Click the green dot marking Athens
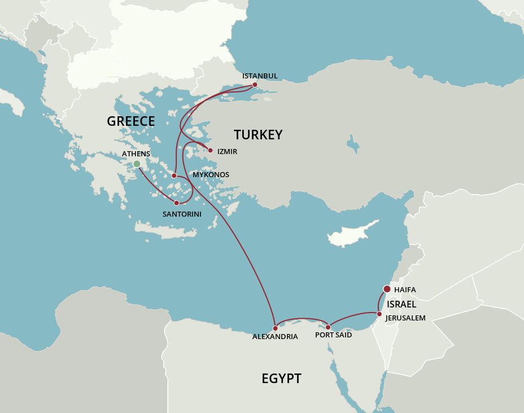137,164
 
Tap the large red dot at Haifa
387,289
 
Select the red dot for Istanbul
255,85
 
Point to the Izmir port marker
211,151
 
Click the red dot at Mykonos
174,175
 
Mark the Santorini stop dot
176,203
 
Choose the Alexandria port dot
275,328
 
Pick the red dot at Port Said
328,327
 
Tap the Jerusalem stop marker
379,314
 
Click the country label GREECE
130,121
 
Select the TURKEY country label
258,135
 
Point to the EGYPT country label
281,379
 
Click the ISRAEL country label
401,305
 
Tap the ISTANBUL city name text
260,76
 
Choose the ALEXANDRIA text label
275,337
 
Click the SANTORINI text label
182,214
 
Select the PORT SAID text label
333,335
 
